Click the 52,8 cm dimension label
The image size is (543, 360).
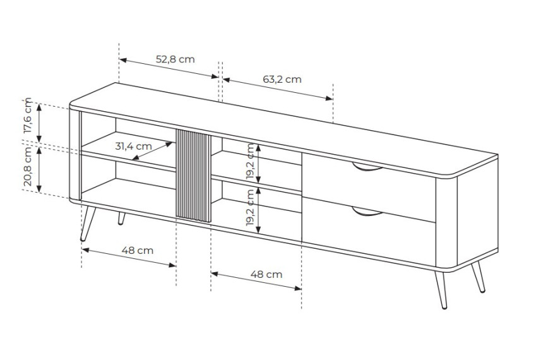point(176,59)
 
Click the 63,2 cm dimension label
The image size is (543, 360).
point(282,80)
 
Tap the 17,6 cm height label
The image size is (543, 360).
point(27,116)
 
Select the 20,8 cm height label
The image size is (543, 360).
point(27,166)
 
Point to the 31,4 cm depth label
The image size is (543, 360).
point(133,147)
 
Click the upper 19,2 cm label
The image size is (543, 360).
point(250,162)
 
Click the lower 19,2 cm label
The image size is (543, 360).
point(250,208)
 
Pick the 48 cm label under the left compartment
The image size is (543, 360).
point(137,250)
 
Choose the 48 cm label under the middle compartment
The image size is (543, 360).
point(266,274)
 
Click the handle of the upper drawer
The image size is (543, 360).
point(367,168)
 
